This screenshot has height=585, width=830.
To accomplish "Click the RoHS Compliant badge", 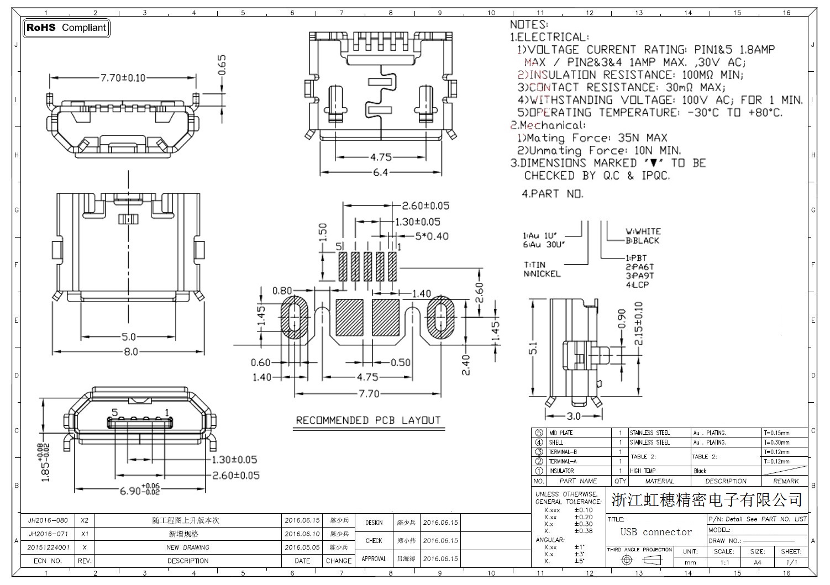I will (66, 28).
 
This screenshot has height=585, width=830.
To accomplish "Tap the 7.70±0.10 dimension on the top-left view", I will (123, 78).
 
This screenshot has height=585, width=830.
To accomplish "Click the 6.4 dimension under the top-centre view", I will (380, 172).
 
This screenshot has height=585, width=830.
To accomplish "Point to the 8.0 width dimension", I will (130, 351).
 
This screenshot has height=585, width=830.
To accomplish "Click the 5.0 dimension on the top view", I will (129, 337).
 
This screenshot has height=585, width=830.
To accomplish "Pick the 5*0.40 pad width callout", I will (432, 236).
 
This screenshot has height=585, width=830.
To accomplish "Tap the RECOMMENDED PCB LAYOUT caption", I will (369, 420).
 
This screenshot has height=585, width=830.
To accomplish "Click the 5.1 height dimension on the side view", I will (534, 348).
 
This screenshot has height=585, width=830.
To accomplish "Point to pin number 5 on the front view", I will (115, 413).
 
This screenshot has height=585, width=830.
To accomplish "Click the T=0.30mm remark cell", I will (778, 442).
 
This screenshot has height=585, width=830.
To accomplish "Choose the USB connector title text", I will (656, 533).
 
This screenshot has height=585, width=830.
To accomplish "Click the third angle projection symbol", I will (639, 560).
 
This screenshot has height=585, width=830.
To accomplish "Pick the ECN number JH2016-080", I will (48, 520).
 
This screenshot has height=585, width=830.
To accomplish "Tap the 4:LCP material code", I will (637, 285).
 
